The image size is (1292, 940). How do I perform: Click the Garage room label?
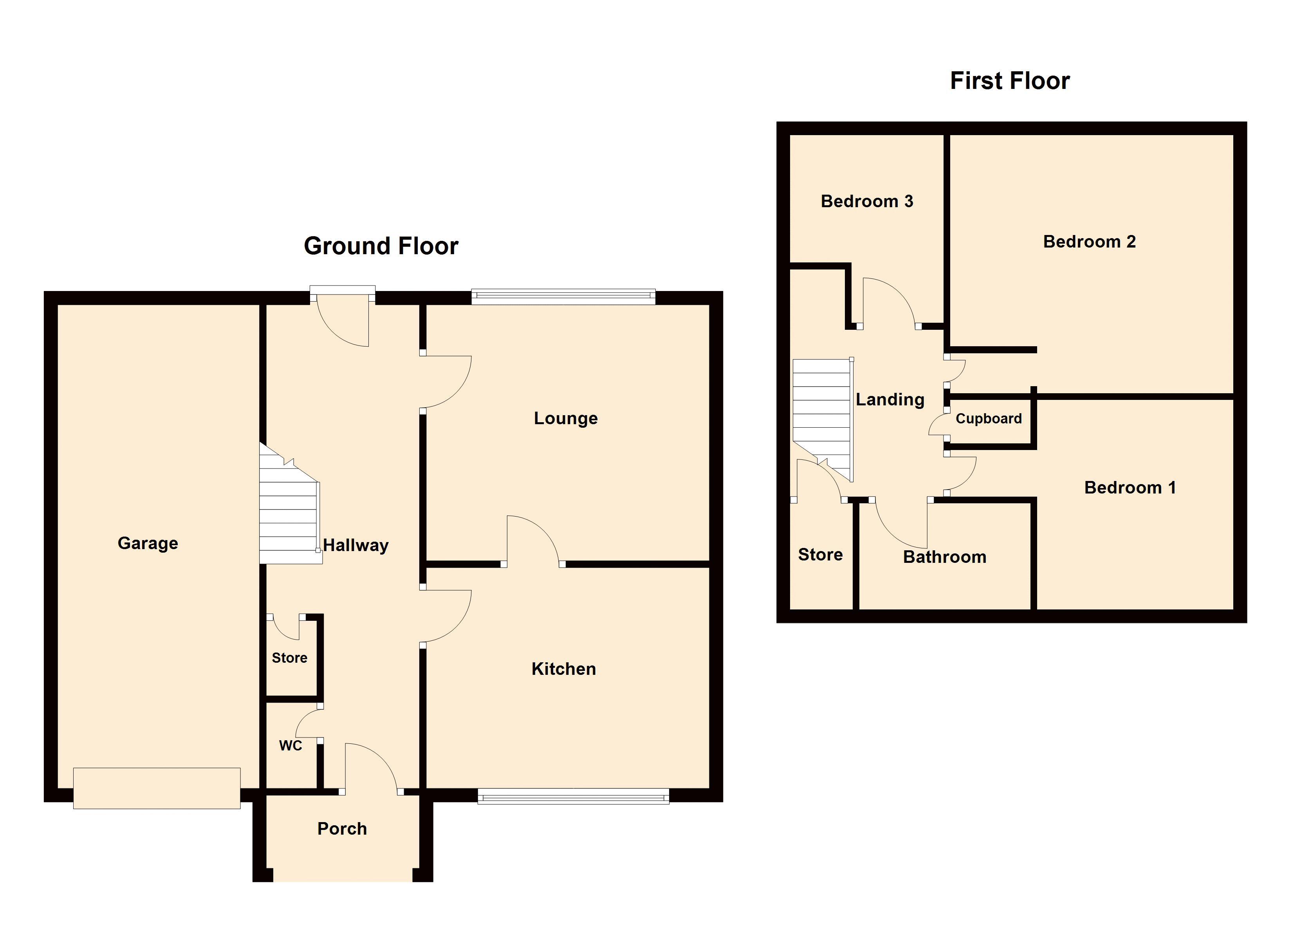pos(148,543)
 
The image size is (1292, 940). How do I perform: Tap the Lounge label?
pos(566,418)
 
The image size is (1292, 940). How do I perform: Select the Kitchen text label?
pos(564,669)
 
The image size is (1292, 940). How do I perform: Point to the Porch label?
pos(342,829)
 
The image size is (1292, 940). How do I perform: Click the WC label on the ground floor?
pos(291,746)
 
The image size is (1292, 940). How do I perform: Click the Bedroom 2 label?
pos(1089,242)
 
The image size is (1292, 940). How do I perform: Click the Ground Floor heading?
pos(381,246)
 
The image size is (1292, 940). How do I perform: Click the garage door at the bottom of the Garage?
pos(157,788)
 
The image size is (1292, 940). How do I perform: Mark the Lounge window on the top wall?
pos(563,296)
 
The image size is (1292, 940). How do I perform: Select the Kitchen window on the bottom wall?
pos(573,796)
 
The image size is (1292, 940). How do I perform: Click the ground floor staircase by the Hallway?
pos(290,504)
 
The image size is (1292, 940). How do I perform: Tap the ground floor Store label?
pos(289,658)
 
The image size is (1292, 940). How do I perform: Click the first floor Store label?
pos(820,555)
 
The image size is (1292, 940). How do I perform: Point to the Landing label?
pos(890,399)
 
